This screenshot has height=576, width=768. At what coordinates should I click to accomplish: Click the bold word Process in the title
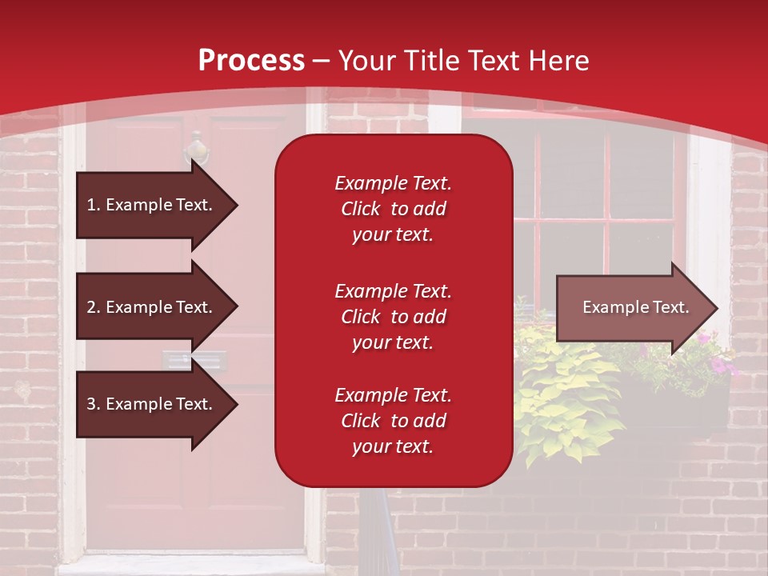pos(251,61)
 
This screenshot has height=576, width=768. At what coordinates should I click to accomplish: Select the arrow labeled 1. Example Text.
pos(152,205)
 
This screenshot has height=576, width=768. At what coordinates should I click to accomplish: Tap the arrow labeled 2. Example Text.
pos(152,307)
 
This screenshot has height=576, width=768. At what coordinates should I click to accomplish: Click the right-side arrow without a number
pos(632,308)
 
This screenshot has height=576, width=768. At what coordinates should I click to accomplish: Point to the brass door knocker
pos(196,150)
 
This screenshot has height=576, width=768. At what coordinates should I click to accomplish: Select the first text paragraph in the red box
pos(393,209)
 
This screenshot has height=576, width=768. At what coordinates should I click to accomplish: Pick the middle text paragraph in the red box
pos(393,317)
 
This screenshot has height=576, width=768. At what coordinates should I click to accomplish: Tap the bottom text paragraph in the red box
pos(393,421)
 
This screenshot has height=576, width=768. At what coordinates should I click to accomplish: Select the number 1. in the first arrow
pos(94,205)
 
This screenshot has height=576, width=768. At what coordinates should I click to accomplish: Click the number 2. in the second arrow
pos(94,307)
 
